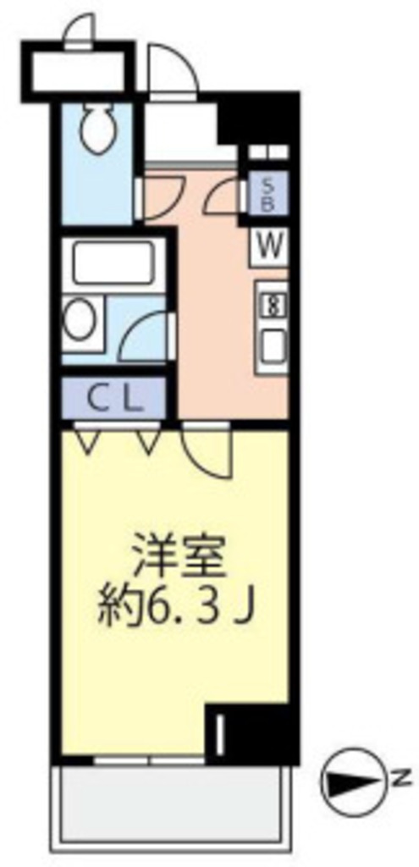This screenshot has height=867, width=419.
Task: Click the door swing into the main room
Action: coord(207,450)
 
